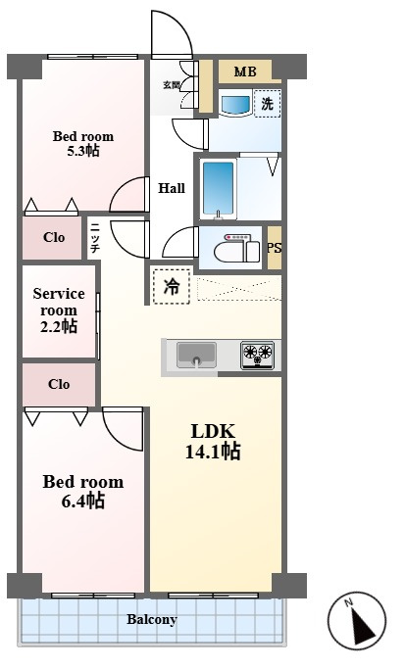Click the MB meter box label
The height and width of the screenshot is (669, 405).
(245, 72)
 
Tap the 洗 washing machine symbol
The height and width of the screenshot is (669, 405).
(268, 103)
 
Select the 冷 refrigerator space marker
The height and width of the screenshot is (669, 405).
(172, 286)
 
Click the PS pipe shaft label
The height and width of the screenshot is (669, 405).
(275, 248)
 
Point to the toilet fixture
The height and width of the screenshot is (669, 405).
(236, 250)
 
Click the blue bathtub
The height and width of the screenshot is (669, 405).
(219, 189)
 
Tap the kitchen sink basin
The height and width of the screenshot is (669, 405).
(196, 355)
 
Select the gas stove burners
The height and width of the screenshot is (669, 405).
(258, 355)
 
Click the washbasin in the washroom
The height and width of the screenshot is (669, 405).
(234, 105)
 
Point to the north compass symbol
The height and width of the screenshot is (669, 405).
(357, 621)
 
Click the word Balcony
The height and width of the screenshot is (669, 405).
(152, 619)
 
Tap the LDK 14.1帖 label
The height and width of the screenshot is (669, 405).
(213, 442)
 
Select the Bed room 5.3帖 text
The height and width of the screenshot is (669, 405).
(83, 143)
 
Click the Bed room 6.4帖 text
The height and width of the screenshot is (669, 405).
(83, 491)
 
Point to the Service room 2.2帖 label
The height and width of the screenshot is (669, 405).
(59, 310)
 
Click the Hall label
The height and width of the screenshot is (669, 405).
(172, 188)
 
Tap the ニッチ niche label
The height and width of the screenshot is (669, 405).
(94, 238)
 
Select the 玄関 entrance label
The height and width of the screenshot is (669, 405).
(172, 85)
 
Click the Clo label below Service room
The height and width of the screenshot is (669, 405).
(59, 384)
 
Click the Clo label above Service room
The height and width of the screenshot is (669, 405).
(54, 237)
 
